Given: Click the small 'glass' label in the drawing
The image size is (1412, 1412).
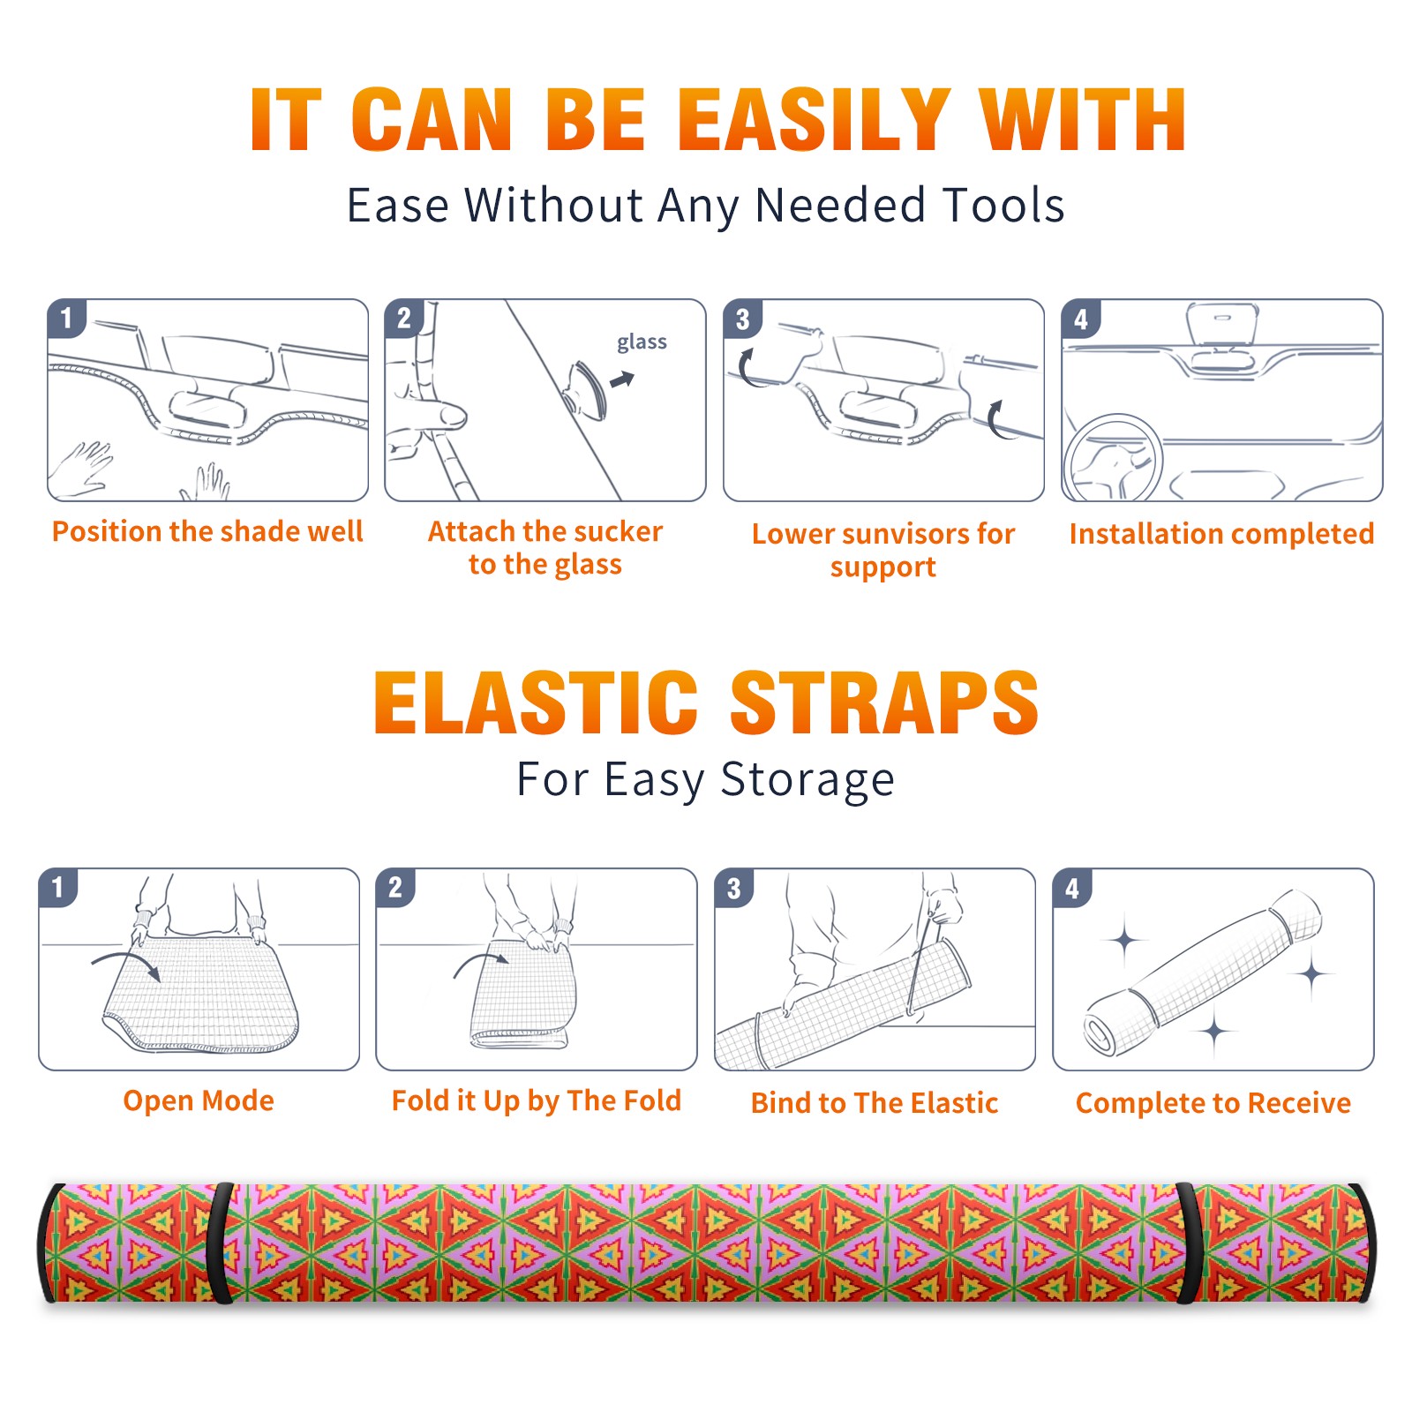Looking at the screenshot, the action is [x=642, y=342].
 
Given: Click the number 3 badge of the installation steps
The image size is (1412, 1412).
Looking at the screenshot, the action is [x=742, y=319].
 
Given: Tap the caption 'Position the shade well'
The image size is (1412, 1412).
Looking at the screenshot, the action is [x=207, y=531].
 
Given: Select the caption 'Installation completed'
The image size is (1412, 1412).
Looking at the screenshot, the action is [x=1221, y=533].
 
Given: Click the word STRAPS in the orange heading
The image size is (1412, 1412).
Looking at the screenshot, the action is [x=884, y=702].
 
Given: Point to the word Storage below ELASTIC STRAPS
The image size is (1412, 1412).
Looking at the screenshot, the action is [x=807, y=780].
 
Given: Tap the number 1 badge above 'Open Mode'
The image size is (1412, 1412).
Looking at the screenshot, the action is [x=58, y=888].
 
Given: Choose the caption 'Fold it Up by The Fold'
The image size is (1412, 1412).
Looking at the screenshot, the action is [x=537, y=1100].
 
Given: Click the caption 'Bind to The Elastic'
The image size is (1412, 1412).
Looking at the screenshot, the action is [x=875, y=1102].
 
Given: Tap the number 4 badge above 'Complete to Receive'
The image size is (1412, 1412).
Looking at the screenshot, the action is [x=1072, y=888].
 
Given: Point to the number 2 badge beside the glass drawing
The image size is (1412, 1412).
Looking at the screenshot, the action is [x=404, y=319].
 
